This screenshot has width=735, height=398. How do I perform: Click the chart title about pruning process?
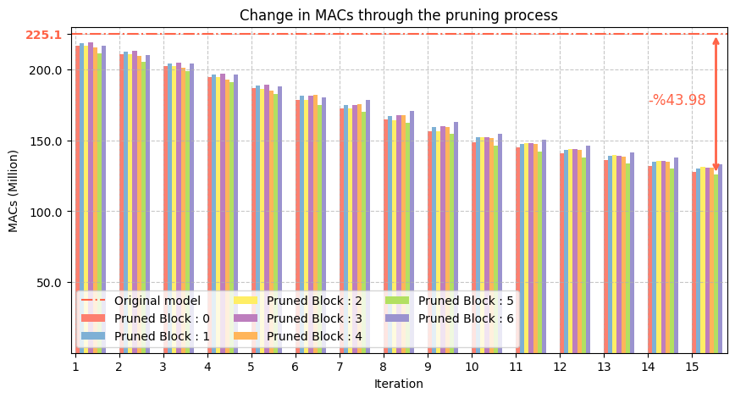398,15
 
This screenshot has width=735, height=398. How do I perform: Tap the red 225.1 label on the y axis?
43,35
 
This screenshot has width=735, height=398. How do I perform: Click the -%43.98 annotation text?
677,100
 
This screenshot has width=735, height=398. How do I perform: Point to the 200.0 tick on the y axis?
48,69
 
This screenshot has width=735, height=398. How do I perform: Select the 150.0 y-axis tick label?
48,141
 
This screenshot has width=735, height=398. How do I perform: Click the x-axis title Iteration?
398,384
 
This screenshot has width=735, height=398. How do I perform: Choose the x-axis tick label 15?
692,367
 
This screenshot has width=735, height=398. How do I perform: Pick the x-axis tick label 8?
384,367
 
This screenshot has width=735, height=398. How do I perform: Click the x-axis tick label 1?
75,367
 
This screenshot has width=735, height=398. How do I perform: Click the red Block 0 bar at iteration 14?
650,254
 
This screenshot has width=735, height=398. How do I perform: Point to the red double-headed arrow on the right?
716,102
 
